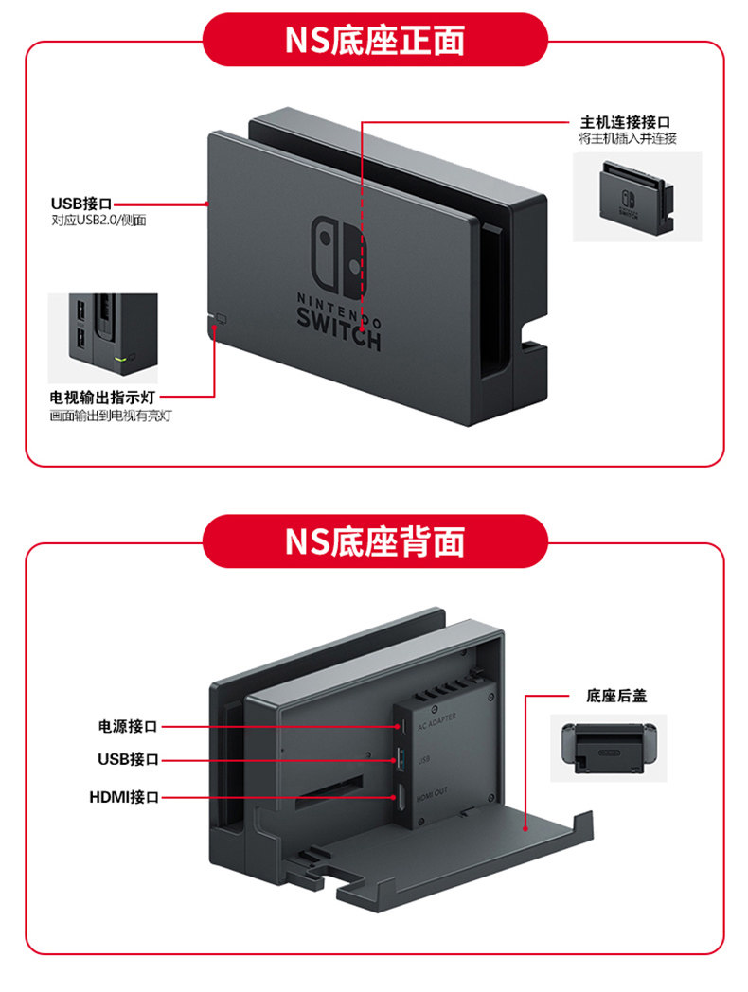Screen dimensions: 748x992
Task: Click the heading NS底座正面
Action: [x=375, y=40]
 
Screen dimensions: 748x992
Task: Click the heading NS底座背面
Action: [x=375, y=541]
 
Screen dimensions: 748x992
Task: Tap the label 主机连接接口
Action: [x=625, y=122]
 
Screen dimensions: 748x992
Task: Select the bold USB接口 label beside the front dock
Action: [x=81, y=204]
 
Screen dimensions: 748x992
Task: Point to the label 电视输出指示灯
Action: [x=110, y=397]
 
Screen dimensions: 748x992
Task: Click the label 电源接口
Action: [x=127, y=726]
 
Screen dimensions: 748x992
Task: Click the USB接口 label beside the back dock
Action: [x=128, y=759]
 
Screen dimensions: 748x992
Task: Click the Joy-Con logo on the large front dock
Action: [x=339, y=256]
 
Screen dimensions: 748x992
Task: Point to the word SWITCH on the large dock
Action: [x=339, y=337]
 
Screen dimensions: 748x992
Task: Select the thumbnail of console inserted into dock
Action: [x=636, y=196]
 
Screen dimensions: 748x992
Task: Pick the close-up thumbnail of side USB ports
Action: [x=103, y=338]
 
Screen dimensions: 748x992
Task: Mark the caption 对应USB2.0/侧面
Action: [x=98, y=221]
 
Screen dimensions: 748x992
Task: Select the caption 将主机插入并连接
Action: [x=627, y=139]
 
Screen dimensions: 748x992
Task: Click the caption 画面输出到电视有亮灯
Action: [x=111, y=415]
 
